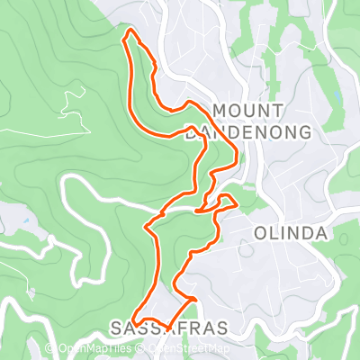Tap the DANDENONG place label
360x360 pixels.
tap(249, 131)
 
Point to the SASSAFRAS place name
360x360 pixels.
tap(168, 325)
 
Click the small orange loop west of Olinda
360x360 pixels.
tap(225, 201)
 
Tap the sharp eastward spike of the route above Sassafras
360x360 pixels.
tap(195, 296)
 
